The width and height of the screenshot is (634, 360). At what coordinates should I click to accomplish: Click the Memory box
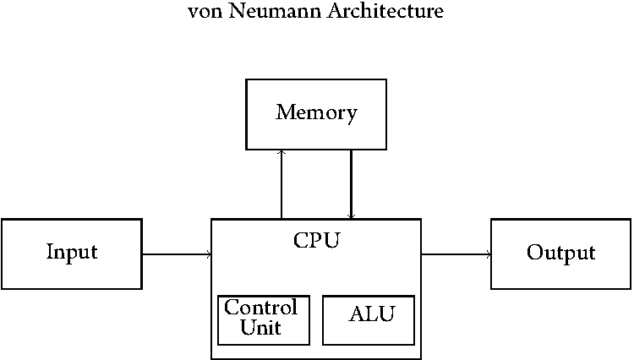315,114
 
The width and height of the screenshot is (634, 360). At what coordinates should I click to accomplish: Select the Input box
71,254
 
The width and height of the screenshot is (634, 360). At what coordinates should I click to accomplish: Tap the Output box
560,254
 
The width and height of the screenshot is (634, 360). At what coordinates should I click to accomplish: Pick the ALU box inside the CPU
369,319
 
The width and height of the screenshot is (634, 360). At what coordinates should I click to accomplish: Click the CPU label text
316,240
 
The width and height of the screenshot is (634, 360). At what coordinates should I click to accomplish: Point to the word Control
261,308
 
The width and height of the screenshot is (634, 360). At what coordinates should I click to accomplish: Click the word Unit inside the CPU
261,328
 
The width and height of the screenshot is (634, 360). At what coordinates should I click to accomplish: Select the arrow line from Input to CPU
176,254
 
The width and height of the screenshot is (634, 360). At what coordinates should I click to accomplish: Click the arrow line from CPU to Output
456,254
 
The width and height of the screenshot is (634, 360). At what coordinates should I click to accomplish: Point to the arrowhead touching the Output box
489,254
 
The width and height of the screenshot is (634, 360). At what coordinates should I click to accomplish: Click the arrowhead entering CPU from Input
208,254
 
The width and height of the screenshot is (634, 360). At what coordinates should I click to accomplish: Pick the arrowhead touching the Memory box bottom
281,153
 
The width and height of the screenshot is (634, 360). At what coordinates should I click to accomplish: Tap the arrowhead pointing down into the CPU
351,216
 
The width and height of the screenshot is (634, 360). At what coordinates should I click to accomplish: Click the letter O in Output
534,254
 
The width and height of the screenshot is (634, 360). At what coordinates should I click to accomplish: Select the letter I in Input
50,253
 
